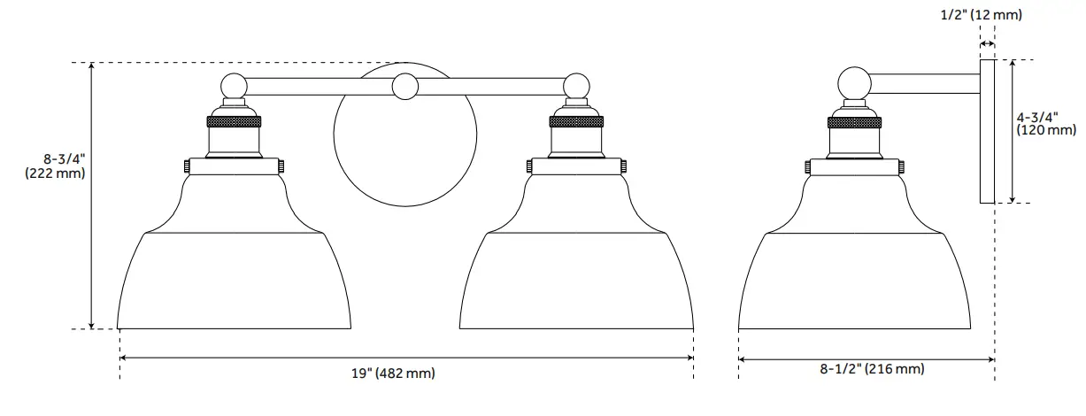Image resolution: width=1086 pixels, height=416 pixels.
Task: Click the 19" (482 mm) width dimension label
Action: click(394, 374)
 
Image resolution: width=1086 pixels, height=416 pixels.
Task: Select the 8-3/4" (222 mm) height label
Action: click(56, 166)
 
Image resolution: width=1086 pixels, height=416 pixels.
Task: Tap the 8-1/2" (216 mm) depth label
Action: click(871, 369)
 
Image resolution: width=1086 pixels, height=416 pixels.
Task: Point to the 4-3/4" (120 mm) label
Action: click(1045, 123)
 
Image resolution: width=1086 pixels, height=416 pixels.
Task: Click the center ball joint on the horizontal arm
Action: click(405, 86)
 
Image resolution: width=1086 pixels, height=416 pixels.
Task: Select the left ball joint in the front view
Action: click(234, 86)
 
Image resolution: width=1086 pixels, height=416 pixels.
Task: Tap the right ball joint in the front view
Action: click(576, 86)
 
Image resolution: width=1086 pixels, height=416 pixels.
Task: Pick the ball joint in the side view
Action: click(855, 83)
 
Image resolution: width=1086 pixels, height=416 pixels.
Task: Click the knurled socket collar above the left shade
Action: click(235, 120)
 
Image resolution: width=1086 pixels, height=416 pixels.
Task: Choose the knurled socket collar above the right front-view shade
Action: click(577, 120)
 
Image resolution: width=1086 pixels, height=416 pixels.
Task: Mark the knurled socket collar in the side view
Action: click(855, 120)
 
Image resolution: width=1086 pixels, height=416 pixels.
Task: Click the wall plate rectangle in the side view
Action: click(987, 131)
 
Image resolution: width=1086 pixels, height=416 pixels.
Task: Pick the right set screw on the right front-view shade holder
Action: click(625, 166)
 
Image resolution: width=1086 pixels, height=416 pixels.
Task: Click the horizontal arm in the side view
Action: click(925, 83)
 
